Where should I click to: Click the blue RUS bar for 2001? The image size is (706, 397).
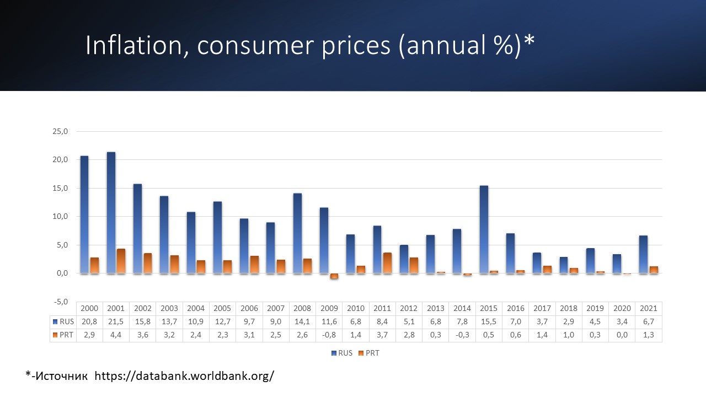tap(111, 212)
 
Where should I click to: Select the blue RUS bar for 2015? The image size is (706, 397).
tap(484, 229)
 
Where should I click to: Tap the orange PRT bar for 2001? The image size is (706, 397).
tap(121, 261)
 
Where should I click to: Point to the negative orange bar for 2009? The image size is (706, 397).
tap(334, 276)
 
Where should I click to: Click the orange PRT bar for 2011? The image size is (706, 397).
tap(387, 262)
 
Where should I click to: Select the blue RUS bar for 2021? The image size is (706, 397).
tap(643, 254)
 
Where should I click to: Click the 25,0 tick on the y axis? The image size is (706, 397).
tap(60, 132)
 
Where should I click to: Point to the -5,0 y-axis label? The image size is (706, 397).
tap(60, 302)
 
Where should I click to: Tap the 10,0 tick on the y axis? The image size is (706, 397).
tap(60, 217)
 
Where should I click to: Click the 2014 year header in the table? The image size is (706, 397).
tap(462, 309)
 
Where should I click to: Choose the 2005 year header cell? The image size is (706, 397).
tap(222, 309)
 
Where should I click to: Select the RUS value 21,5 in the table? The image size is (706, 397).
tap(116, 322)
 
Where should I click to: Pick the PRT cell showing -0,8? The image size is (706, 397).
tap(329, 335)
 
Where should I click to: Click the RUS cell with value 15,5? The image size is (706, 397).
tap(489, 322)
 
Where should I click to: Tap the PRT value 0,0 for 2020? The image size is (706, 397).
tap(622, 335)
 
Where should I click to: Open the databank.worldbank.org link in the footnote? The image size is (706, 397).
tap(184, 376)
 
